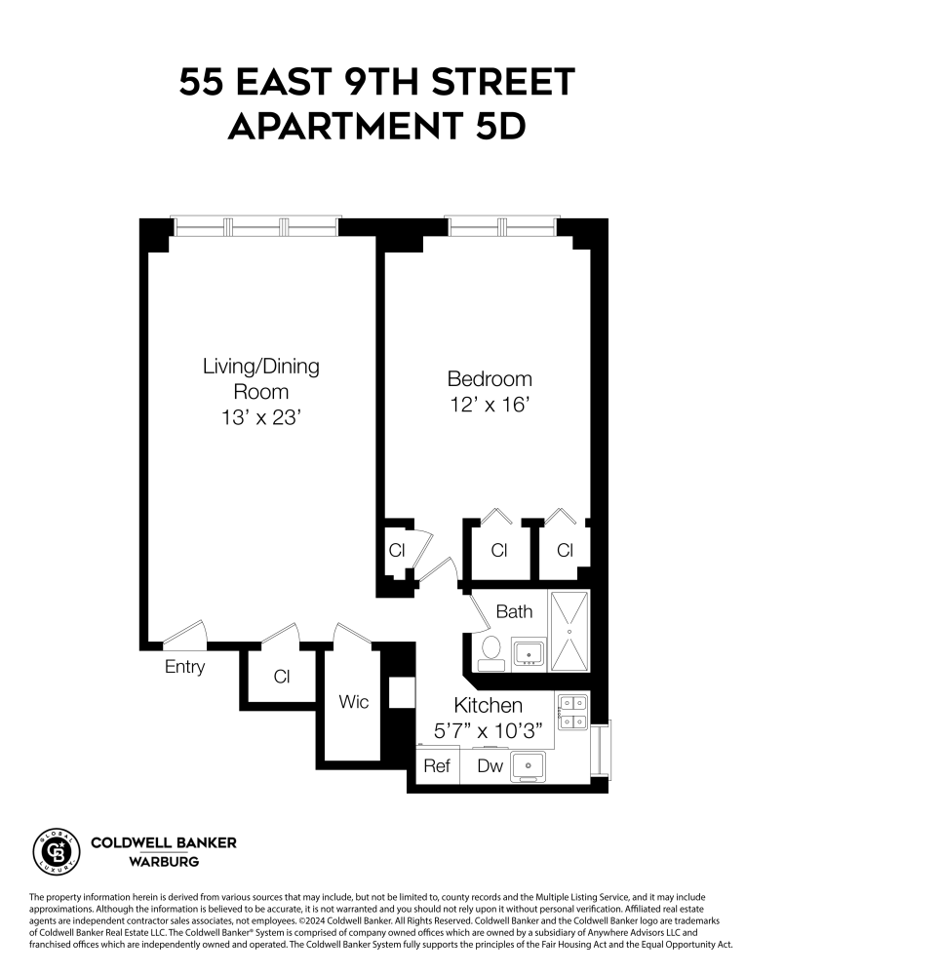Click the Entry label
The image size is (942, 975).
coord(184,667)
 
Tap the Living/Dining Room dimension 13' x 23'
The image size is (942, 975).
coord(260,417)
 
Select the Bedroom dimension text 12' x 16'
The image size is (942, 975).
coord(490,405)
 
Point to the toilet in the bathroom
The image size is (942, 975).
coord(491,651)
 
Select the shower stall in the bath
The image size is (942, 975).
coord(569,631)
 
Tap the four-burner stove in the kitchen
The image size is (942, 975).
coord(571,712)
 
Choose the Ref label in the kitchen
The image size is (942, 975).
coord(437,766)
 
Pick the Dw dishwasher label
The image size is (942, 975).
coord(490,766)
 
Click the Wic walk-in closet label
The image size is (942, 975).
coord(353,701)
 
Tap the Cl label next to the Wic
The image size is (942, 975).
coord(282,677)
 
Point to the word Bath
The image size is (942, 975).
coord(514,611)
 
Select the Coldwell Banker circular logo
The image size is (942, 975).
coord(57,849)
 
